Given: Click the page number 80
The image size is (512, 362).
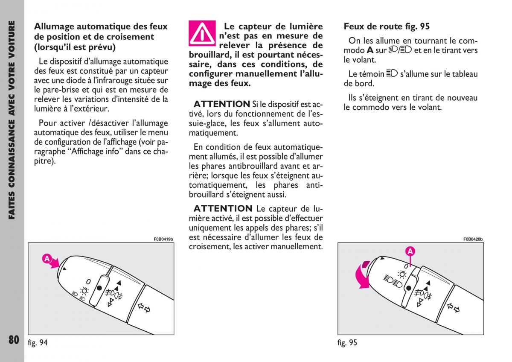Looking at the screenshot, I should (13, 339).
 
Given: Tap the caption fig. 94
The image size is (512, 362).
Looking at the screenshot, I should (37, 342).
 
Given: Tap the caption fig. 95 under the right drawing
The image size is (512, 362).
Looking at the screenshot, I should (347, 342).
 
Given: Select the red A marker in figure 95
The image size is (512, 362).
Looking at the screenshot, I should (410, 251).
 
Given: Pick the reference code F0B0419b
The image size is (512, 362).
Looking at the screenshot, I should (163, 239).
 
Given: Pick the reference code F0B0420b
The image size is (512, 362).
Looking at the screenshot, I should (473, 239).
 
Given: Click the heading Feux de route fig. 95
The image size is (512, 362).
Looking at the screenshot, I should (387, 26).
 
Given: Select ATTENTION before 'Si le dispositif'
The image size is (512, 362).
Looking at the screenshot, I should (221, 104).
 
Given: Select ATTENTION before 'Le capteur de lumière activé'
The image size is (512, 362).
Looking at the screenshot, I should (223, 208).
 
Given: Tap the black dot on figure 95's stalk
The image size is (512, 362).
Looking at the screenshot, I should (409, 289).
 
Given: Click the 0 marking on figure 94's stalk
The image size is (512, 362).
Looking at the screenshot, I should (88, 281).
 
